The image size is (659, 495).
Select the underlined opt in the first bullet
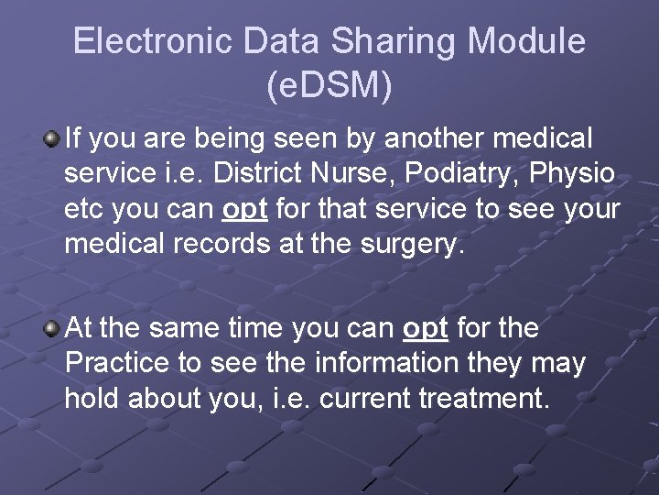244,210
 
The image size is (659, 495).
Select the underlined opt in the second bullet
426,328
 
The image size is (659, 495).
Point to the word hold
92,399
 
